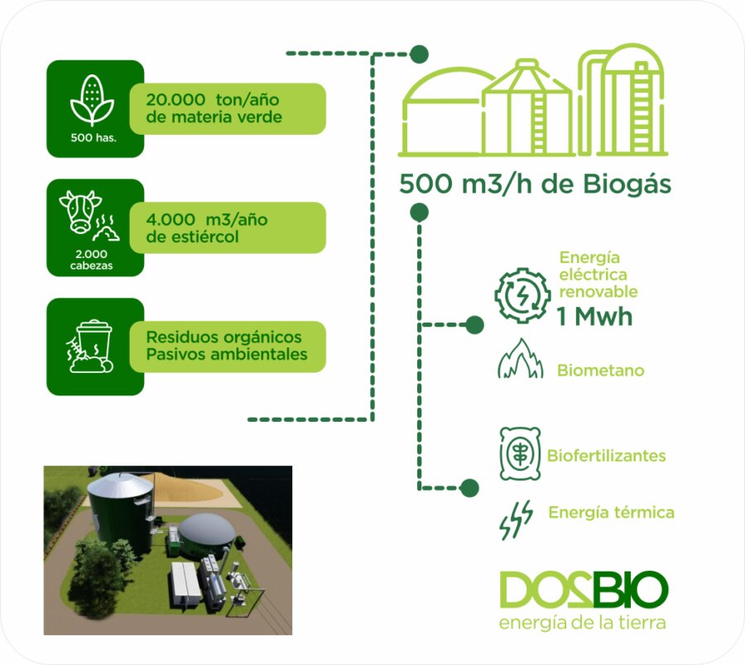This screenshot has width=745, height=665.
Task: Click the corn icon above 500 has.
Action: [92, 100]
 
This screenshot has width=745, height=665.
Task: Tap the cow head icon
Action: [79, 212]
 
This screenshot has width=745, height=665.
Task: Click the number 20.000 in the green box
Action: [175, 100]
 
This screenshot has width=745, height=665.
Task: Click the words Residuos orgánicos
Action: [223, 337]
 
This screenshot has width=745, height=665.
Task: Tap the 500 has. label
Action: [94, 138]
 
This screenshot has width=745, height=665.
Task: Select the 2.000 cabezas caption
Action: [92, 260]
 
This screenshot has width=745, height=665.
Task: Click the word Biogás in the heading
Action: [627, 185]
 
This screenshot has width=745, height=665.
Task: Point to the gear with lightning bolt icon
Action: [522, 295]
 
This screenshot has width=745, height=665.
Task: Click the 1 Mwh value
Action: [595, 317]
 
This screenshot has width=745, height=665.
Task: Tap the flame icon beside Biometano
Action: [521, 358]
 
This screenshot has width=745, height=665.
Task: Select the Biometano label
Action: [601, 371]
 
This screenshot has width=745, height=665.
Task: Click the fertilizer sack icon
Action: [520, 453]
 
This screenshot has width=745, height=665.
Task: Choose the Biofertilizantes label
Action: [606, 456]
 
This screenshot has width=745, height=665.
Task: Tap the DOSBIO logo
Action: [584, 590]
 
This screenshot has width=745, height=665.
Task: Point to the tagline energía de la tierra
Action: [583, 623]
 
